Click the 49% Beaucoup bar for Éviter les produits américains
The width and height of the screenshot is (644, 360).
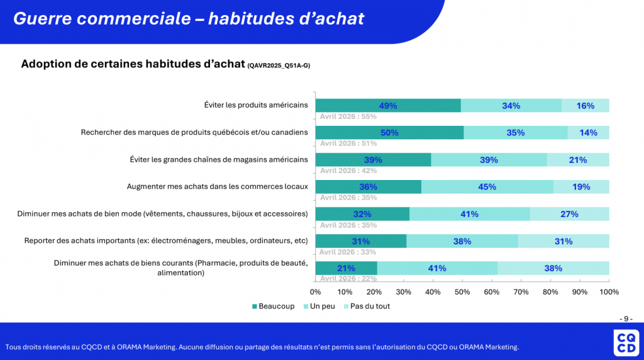pos(388,106)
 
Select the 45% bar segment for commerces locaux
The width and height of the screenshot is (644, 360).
pos(487,187)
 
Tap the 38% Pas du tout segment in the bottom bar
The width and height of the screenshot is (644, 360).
pos(553,268)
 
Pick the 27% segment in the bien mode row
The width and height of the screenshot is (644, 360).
pos(569,214)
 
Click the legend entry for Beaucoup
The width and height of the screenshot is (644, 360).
pos(273,306)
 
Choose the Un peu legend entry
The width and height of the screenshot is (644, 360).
pos(319,306)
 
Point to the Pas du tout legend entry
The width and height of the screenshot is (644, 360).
pos(367,306)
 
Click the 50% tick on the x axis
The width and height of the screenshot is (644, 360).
pos(462,292)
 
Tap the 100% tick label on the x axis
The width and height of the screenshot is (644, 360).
pos(609,292)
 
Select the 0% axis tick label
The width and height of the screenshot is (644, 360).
pos(316,292)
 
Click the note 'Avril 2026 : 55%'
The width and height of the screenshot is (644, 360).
pos(348,116)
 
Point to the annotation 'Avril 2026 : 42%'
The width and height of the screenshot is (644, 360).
pos(348,171)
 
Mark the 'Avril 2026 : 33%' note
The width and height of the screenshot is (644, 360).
pos(348,252)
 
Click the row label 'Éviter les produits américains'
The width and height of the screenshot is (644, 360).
pos(256,105)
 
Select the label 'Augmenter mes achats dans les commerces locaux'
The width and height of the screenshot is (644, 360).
pos(217,186)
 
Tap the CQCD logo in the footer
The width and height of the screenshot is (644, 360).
pos(626,343)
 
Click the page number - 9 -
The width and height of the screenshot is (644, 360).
pos(626,319)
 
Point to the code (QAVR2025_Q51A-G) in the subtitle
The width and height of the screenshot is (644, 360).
pos(279,65)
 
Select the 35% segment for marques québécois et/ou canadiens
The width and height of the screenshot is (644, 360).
pos(516,133)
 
